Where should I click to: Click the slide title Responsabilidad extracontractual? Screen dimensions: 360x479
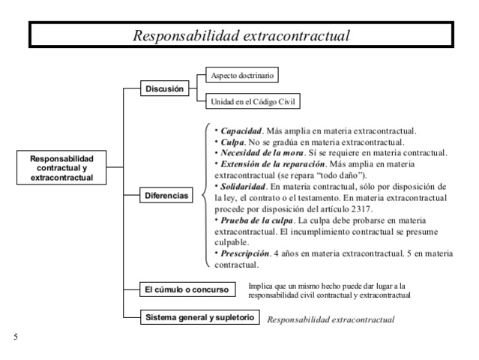pyautogui.click(x=241, y=35)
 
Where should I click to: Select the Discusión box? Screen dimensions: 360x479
pyautogui.click(x=164, y=89)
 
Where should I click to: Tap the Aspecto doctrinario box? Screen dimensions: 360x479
pyautogui.click(x=242, y=76)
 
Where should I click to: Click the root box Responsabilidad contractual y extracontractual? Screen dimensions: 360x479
pyautogui.click(x=62, y=169)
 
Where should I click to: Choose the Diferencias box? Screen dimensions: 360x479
pyautogui.click(x=166, y=196)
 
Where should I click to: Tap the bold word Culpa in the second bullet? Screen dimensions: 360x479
pyautogui.click(x=232, y=142)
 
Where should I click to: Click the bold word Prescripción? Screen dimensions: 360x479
pyautogui.click(x=245, y=253)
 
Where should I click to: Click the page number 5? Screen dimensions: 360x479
pyautogui.click(x=15, y=335)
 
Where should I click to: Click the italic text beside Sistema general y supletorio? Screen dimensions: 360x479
pyautogui.click(x=331, y=319)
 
